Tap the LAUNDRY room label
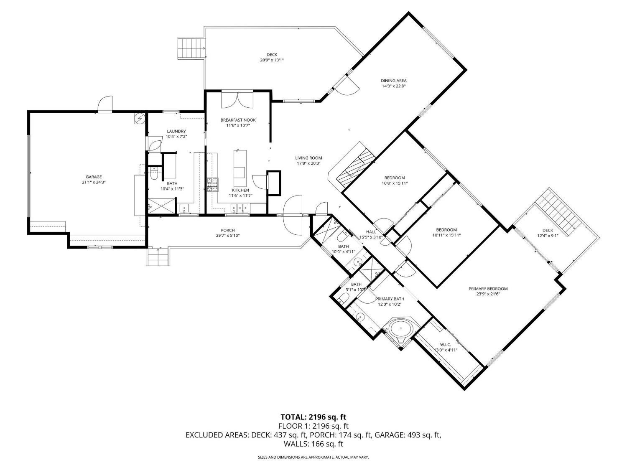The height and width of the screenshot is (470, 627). (176, 131)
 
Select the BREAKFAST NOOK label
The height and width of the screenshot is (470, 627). (238, 120)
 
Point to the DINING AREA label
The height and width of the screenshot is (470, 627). (393, 81)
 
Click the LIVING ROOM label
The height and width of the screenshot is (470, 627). (308, 158)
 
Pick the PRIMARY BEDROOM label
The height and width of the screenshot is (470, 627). (488, 289)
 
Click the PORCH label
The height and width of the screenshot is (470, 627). (228, 230)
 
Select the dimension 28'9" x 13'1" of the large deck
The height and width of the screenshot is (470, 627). (272, 60)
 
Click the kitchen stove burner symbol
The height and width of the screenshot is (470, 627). (212, 184)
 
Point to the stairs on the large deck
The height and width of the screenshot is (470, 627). (192, 47)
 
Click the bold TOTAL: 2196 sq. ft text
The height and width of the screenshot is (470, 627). (313, 417)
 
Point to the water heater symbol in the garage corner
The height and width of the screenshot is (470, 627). (139, 119)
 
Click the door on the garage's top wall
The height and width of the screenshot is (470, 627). (104, 104)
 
